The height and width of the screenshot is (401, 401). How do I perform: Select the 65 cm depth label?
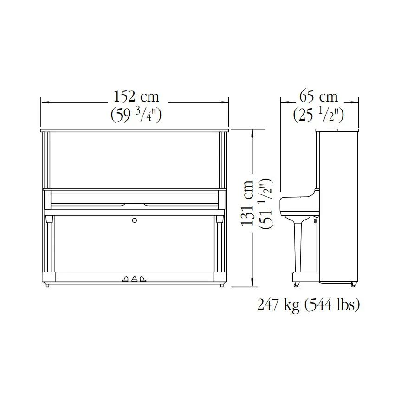pyautogui.click(x=318, y=97)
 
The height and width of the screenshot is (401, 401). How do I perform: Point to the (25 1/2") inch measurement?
pyautogui.click(x=318, y=114)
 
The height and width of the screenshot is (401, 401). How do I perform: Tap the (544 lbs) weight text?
pyautogui.click(x=331, y=305)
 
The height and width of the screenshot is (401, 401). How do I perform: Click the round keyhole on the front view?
pyautogui.click(x=135, y=220)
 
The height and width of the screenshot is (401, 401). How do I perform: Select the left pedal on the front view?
pyautogui.click(x=125, y=279)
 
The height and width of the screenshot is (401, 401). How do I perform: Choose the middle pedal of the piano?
pyautogui.click(x=135, y=279)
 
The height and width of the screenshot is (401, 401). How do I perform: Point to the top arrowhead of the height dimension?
pyautogui.click(x=252, y=132)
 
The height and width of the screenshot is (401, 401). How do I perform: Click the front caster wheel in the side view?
pyautogui.click(x=296, y=284)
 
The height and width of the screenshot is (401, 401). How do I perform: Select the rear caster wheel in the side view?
pyautogui.click(x=354, y=284)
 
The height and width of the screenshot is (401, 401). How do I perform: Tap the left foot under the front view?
pyautogui.click(x=47, y=285)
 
